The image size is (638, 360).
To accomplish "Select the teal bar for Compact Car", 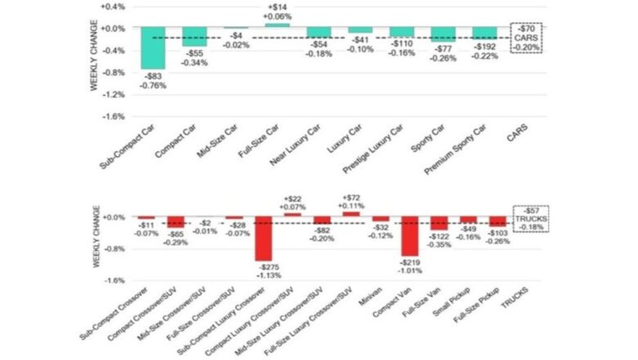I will click(194, 37).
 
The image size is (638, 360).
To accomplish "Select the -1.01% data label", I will click(411, 270).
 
